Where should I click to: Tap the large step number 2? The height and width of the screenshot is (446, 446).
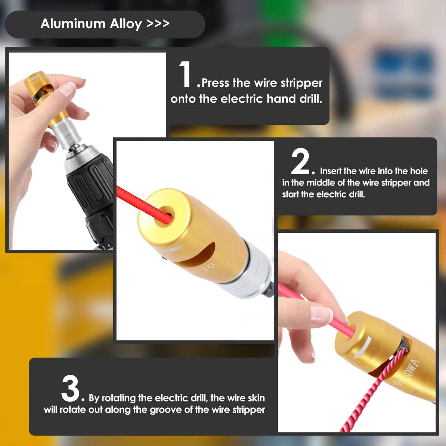tap(300, 161)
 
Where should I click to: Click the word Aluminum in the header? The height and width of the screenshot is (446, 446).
tap(73, 23)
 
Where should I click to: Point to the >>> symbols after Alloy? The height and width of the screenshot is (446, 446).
tap(158, 23)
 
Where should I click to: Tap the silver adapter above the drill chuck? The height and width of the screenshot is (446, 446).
tap(66, 136)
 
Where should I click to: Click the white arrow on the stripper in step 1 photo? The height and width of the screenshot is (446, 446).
tap(36, 78)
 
